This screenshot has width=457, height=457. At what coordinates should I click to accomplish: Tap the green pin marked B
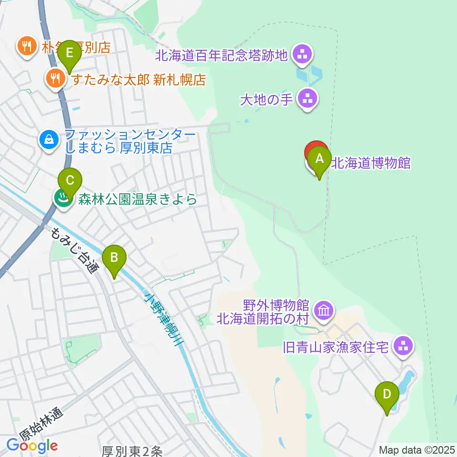114,259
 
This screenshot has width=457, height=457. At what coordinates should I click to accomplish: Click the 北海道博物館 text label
371,163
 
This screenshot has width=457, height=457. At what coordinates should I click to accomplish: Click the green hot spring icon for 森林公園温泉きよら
62,199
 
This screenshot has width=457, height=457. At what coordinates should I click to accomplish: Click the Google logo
32,446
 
